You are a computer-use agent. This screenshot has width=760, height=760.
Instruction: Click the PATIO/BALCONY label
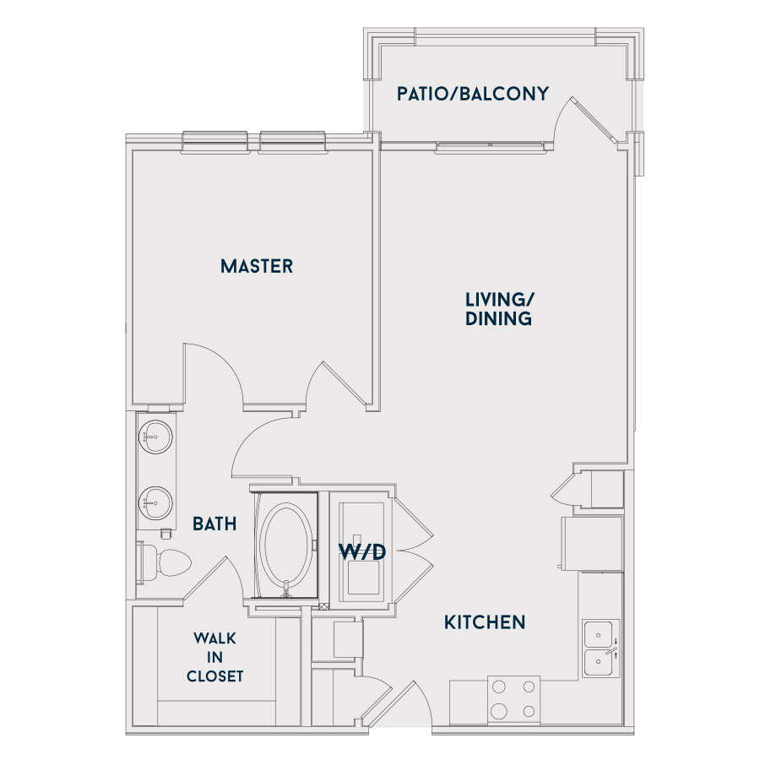coord(473,94)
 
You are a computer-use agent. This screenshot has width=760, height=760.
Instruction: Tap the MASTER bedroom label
coord(257,266)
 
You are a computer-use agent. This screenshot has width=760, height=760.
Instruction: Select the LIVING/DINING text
coord(499,309)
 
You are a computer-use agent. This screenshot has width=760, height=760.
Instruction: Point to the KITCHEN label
coord(485,622)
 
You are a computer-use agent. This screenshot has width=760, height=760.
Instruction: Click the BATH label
coord(214,524)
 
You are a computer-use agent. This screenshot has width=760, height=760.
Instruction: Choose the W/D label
coord(362,551)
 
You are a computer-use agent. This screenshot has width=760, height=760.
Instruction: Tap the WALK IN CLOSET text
coord(214,657)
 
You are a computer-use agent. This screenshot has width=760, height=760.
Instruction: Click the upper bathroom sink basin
coord(155,437)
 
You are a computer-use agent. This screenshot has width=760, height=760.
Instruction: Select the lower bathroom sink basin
coord(155,502)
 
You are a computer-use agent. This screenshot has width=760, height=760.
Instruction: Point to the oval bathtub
coord(286,545)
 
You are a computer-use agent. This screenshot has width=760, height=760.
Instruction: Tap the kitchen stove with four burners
coord(513,699)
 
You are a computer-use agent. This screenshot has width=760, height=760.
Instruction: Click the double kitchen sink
coord(600,648)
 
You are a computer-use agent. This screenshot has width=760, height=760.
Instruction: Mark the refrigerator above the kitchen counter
coord(592,543)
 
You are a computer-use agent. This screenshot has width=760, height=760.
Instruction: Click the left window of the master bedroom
coord(215,142)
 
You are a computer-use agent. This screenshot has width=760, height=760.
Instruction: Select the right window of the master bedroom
coord(292,142)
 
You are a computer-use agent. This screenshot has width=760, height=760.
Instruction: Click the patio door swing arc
coord(562,116)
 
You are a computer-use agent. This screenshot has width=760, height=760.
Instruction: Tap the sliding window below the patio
coord(491,147)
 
